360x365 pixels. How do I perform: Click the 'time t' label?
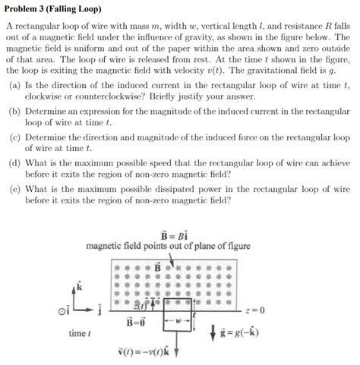coord(80,334)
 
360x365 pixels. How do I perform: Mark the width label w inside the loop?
coord(176,320)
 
